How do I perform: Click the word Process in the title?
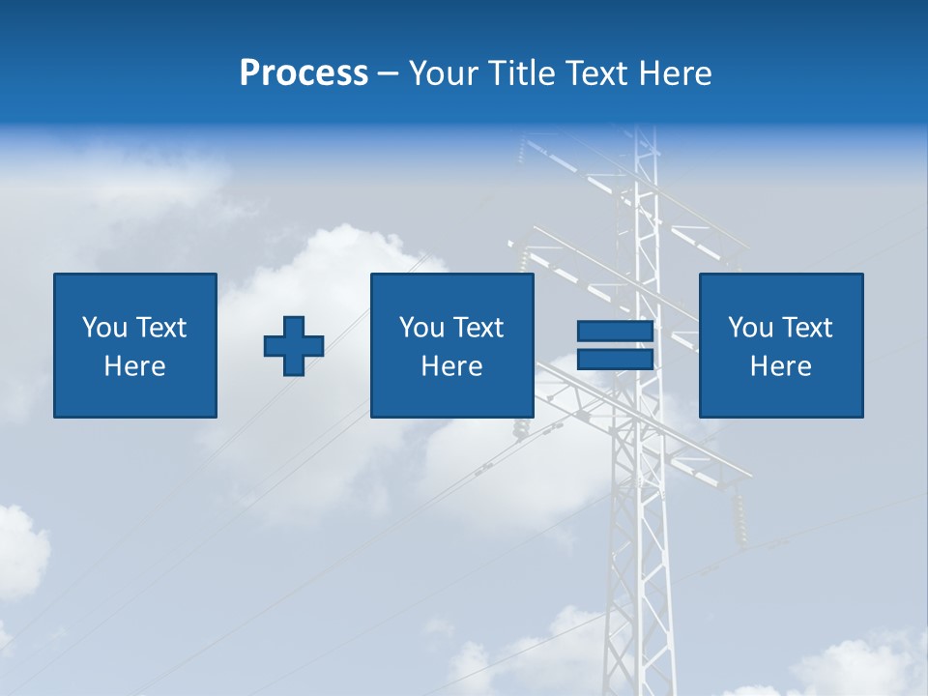point(304,73)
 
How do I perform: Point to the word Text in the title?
point(597,73)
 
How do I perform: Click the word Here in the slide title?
point(676,73)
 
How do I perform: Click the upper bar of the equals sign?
point(615,332)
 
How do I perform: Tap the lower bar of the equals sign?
point(615,359)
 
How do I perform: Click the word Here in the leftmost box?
point(135,366)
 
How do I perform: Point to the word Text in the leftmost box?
point(160,328)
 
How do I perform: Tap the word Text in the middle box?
point(478,328)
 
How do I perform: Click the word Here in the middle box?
point(452,366)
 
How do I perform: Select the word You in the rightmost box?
point(751,328)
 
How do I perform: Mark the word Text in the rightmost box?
point(806,328)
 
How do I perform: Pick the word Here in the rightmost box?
point(781,366)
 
